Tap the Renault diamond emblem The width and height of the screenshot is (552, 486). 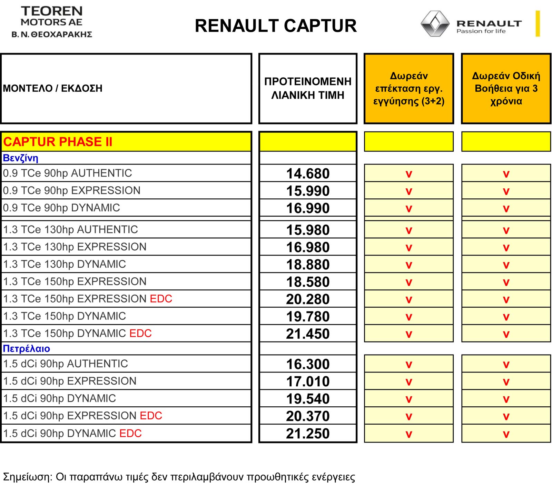click(x=435, y=23)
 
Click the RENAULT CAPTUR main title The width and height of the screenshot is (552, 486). click(x=276, y=26)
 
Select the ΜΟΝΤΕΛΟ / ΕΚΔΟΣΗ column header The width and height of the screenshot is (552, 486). click(x=53, y=88)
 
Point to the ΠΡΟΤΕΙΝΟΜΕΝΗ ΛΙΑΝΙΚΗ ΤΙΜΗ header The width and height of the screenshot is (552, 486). click(x=308, y=88)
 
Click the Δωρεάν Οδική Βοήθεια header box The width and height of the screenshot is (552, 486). click(x=506, y=88)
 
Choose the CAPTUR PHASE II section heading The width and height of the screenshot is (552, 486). click(x=58, y=142)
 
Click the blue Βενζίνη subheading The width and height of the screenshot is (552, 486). click(x=20, y=158)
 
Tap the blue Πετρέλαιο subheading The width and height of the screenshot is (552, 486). click(x=27, y=348)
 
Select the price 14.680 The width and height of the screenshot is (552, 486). click(x=308, y=173)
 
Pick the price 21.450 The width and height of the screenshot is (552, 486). click(x=308, y=334)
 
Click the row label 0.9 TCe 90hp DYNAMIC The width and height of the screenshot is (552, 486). click(x=61, y=208)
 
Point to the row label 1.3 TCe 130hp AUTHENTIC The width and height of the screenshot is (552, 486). click(x=70, y=229)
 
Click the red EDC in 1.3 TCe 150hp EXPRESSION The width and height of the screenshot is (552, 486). click(x=161, y=299)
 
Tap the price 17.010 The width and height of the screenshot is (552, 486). click(x=308, y=381)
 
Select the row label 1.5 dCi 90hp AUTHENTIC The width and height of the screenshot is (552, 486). click(x=66, y=364)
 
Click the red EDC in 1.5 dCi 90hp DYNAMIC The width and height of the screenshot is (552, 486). click(x=130, y=433)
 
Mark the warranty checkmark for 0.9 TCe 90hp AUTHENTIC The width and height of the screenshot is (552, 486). click(x=409, y=174)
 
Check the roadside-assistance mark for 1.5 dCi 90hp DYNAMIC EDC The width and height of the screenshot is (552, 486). click(x=506, y=434)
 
